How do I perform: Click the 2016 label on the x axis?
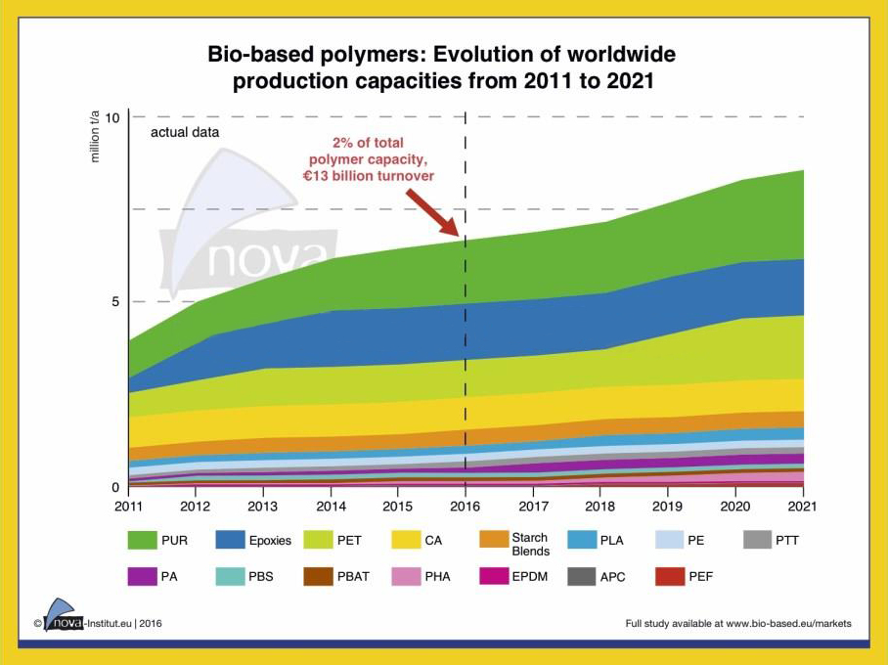click(465, 506)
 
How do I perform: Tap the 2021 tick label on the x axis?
click(803, 506)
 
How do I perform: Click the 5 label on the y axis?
click(114, 301)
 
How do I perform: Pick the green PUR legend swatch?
click(143, 540)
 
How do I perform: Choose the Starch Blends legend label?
click(529, 545)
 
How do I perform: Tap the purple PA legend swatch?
click(143, 576)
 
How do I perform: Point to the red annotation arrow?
click(430, 209)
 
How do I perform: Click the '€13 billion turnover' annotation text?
click(368, 176)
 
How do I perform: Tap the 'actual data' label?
click(184, 132)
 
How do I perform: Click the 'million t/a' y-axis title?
click(96, 138)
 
